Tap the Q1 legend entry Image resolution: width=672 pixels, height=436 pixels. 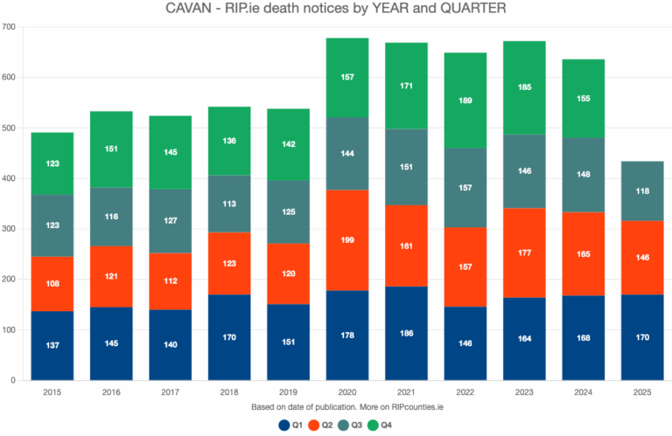289,426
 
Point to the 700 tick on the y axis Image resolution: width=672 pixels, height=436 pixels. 11,27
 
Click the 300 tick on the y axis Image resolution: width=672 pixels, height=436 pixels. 11,229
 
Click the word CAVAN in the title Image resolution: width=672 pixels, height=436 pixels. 191,10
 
